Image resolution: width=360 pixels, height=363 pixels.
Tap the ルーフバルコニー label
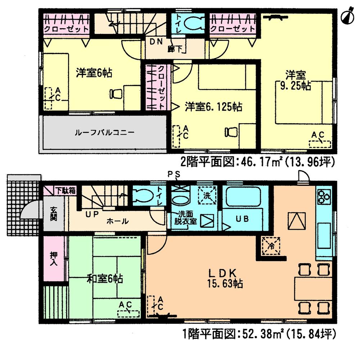(x=104, y=133)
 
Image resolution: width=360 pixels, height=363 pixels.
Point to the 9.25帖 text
(x=296, y=86)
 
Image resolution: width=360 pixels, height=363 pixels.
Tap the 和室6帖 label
(x=105, y=278)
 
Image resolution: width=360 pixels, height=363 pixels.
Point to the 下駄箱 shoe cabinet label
(x=65, y=191)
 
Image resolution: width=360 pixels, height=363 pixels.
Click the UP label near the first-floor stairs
(x=92, y=214)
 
